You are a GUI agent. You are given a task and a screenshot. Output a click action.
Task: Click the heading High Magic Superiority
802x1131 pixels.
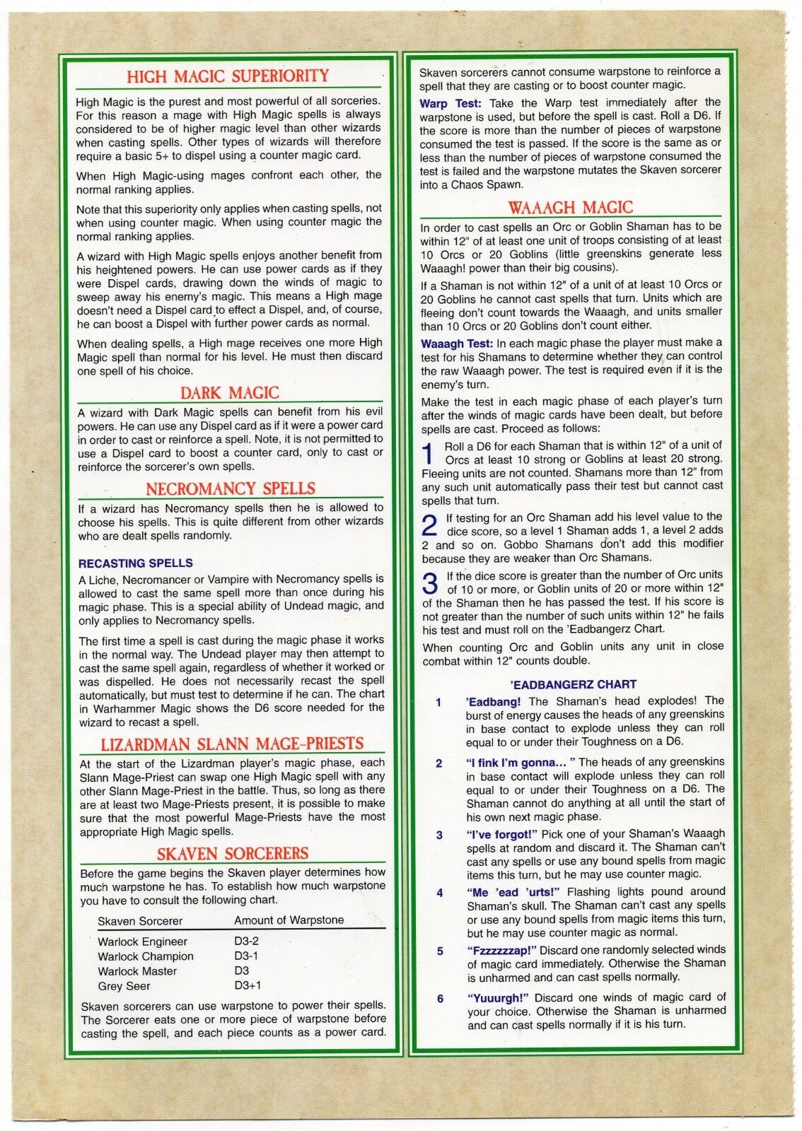point(228,76)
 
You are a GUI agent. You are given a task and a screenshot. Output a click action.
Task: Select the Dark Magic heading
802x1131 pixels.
point(229,393)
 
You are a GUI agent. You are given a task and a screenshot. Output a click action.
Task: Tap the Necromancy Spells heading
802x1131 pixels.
point(231,488)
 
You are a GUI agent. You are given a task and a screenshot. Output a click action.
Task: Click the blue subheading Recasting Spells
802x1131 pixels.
point(136,563)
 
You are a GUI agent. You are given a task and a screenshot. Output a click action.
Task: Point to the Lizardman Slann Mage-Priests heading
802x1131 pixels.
point(232,744)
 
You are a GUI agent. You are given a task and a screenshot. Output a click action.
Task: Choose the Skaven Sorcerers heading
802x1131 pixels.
point(233,853)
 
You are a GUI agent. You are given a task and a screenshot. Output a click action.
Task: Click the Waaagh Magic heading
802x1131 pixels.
point(570,208)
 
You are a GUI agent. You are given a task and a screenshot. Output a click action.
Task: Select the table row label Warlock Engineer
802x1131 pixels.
point(142,942)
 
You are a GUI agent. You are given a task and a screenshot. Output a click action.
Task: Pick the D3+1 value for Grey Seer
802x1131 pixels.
point(248,985)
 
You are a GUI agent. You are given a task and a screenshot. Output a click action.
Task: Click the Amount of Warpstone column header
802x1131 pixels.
point(289,920)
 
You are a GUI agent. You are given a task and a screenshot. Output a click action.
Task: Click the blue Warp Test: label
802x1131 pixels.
point(451,103)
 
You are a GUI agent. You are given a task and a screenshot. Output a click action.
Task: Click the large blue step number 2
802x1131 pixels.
point(429,525)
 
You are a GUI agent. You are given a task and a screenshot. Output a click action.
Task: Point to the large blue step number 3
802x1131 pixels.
point(430,584)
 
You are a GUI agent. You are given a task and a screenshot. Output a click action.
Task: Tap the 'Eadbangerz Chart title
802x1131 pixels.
point(573,684)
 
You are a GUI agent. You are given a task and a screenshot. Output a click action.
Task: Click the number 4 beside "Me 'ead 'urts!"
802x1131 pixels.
point(439,893)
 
